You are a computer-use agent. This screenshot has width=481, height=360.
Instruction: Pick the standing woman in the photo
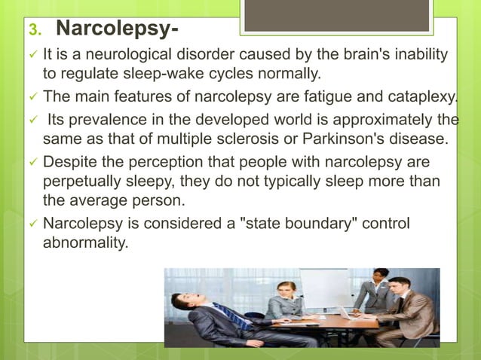pos(377,290)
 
